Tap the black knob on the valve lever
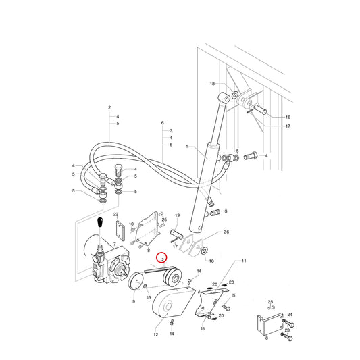[x=100, y=222]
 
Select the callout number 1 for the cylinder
[x=187, y=147]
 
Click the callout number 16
[x=288, y=118]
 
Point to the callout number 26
[x=226, y=232]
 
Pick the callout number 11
[x=244, y=261]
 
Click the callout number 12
[x=156, y=334]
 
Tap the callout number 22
[x=115, y=214]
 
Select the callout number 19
[x=177, y=215]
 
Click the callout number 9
[x=134, y=301]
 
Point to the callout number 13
[x=149, y=297]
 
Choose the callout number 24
[x=290, y=315]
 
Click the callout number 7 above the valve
[x=115, y=244]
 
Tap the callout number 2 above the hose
[x=109, y=107]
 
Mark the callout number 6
[x=163, y=123]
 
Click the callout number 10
[x=131, y=224]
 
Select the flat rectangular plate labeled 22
[x=120, y=230]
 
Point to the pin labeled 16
[x=260, y=109]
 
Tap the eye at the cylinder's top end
[x=224, y=98]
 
